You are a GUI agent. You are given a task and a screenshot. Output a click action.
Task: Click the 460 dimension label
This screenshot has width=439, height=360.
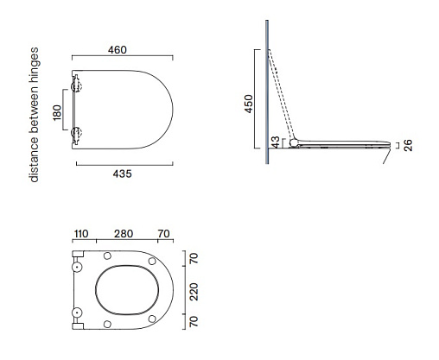(118, 50)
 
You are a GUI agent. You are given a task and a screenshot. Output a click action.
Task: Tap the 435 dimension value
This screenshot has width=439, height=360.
(122, 174)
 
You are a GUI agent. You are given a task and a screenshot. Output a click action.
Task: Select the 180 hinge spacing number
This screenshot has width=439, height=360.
(57, 112)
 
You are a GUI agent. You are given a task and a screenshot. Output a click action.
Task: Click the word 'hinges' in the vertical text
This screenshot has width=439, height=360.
(35, 66)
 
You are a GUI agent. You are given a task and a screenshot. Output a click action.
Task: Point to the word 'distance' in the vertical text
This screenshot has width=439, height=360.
(35, 160)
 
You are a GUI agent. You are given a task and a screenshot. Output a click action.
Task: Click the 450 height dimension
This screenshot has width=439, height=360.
(248, 104)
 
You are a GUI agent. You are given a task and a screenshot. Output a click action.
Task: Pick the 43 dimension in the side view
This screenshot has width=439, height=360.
(276, 142)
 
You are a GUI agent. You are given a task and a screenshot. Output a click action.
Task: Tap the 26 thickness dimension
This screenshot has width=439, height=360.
(408, 145)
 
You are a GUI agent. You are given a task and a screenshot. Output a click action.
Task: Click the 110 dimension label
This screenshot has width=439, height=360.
(81, 234)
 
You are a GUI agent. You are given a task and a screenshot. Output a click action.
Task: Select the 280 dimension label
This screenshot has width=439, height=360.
(124, 234)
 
